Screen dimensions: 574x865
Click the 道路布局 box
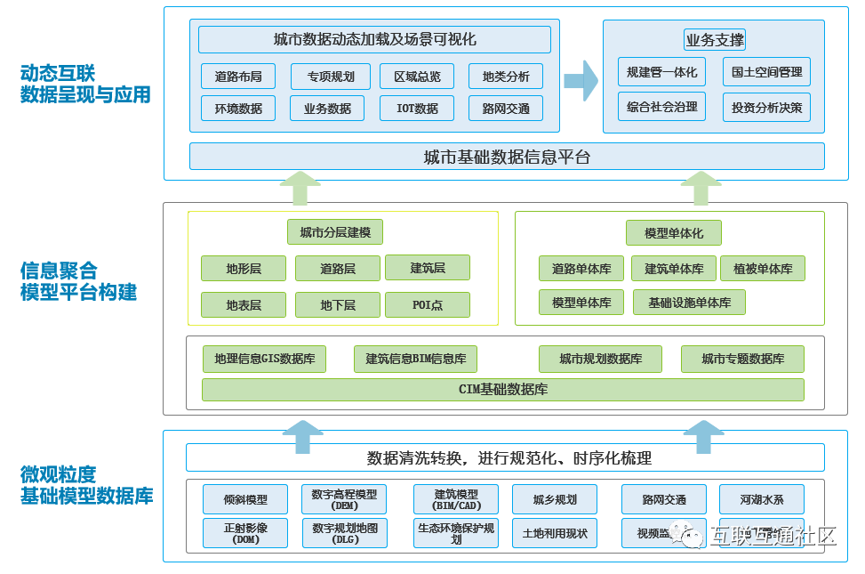tap(238, 77)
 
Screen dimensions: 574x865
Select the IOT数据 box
tap(416, 109)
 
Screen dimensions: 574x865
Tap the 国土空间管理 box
tap(766, 72)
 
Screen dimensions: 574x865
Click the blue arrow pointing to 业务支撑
tap(581, 81)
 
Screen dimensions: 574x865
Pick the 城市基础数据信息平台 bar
tap(507, 157)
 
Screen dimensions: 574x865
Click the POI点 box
tap(428, 305)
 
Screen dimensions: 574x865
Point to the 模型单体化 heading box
tap(674, 233)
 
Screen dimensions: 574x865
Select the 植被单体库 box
tap(762, 269)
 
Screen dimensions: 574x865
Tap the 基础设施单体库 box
tap(689, 303)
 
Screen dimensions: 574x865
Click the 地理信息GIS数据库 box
tap(264, 359)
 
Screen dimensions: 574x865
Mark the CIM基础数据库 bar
tap(502, 390)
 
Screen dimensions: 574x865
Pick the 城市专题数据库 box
tap(742, 359)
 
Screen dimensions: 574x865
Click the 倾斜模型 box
tap(245, 499)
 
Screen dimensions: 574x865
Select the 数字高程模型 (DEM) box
tap(344, 499)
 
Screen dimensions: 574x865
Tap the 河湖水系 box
tap(762, 499)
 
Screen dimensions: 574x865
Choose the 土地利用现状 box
tap(555, 533)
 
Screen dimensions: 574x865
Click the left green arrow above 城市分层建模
tap(300, 189)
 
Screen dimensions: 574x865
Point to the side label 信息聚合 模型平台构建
tap(80, 280)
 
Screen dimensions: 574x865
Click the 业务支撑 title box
tap(714, 40)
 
